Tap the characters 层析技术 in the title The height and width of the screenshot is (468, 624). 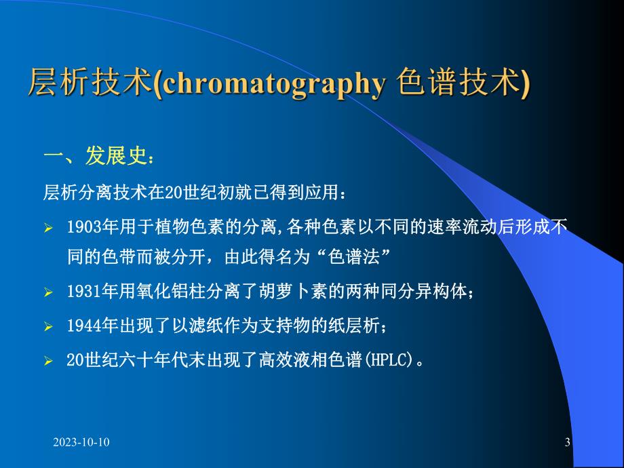coord(88,85)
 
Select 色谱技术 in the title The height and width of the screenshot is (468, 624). coord(462,85)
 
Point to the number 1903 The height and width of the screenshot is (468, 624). coord(81,227)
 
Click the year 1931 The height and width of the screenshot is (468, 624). coord(81,292)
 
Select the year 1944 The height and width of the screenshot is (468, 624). coord(81,326)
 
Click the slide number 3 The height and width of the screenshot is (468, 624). coord(567,442)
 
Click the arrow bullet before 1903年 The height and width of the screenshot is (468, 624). coord(48,228)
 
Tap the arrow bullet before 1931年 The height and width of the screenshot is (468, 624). coord(48,292)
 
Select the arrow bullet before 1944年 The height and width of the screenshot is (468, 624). coord(48,327)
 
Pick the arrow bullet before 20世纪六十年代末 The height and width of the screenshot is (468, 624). coord(48,361)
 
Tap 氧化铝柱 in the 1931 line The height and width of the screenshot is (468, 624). coord(165,292)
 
